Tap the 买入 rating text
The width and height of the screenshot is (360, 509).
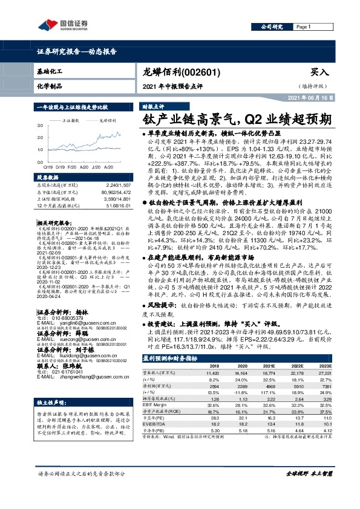point(319,71)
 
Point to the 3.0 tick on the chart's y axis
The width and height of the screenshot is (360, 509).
point(40,125)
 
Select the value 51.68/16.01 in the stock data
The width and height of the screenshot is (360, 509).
point(119,206)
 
